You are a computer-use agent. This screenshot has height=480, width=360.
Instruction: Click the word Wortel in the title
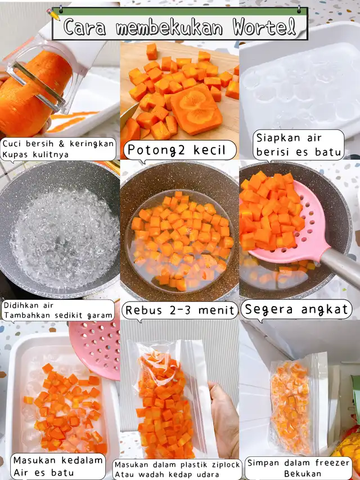pyautogui.click(x=264, y=27)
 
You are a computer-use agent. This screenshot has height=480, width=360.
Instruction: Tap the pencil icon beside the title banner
pyautogui.click(x=53, y=14)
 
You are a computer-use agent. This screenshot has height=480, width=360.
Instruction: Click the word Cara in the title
pyautogui.click(x=85, y=27)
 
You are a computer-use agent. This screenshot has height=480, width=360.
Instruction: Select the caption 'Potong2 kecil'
pyautogui.click(x=176, y=150)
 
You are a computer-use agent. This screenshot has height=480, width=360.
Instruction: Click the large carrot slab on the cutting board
pyautogui.click(x=196, y=109)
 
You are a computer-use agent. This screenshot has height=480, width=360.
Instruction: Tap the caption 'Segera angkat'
pyautogui.click(x=297, y=309)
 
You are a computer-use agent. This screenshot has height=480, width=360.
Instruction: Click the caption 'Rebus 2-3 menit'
pyautogui.click(x=179, y=310)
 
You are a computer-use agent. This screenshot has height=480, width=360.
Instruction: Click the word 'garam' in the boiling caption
pyautogui.click(x=99, y=316)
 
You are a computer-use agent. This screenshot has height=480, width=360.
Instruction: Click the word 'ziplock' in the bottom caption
pyautogui.click(x=225, y=465)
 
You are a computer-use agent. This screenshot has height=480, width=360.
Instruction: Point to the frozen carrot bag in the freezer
pyautogui.click(x=293, y=404)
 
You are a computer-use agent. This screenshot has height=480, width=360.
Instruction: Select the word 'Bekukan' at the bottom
pyautogui.click(x=303, y=474)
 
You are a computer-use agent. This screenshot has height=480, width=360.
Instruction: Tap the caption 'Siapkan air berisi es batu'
pyautogui.click(x=299, y=145)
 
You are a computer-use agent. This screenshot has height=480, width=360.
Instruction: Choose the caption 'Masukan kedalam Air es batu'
pyautogui.click(x=58, y=465)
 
